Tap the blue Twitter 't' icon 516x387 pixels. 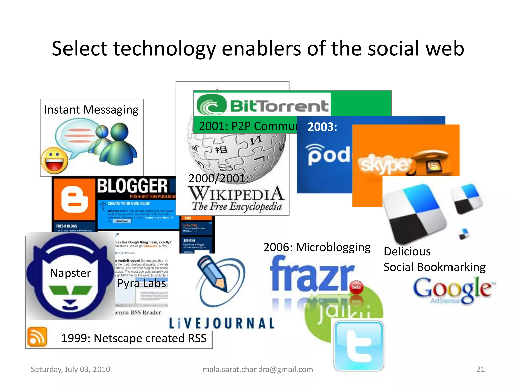359,346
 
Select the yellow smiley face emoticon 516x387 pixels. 54,160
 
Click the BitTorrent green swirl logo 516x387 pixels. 211,105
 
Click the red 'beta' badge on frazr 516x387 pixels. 356,287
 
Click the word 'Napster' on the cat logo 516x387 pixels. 71,273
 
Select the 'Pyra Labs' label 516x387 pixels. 142,283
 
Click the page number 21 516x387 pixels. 480,369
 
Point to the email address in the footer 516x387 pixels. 258,369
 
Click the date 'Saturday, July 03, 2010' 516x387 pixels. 71,369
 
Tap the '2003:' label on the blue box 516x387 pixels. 322,127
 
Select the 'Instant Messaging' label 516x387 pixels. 91,110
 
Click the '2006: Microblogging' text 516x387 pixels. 317,247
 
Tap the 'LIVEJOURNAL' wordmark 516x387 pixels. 221,324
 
